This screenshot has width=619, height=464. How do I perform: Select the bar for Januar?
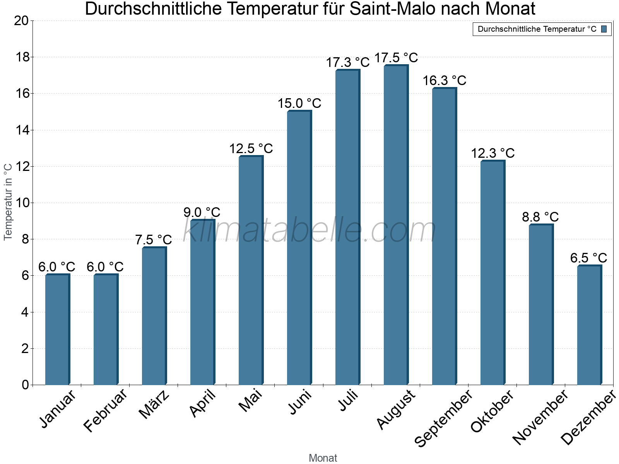click(x=57, y=329)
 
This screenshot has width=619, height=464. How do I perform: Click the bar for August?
click(x=396, y=225)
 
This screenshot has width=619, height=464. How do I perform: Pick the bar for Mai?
click(x=251, y=270)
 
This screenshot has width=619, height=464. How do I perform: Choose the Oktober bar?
click(x=492, y=272)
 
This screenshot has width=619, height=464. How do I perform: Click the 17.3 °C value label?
click(x=348, y=62)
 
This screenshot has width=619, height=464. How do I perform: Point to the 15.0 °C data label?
click(x=299, y=104)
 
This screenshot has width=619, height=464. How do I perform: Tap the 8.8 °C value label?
click(x=540, y=217)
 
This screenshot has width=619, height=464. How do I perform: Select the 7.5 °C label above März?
click(x=154, y=240)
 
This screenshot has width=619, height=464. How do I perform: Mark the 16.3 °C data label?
click(x=445, y=81)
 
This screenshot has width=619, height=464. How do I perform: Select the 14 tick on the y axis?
click(x=23, y=130)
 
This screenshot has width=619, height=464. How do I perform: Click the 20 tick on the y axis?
click(x=21, y=20)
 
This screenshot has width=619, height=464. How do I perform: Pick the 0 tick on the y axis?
click(x=26, y=385)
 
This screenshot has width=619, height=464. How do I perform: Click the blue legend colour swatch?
click(x=604, y=29)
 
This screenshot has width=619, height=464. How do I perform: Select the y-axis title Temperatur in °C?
click(x=8, y=202)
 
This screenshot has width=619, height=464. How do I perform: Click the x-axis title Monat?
click(x=323, y=458)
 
